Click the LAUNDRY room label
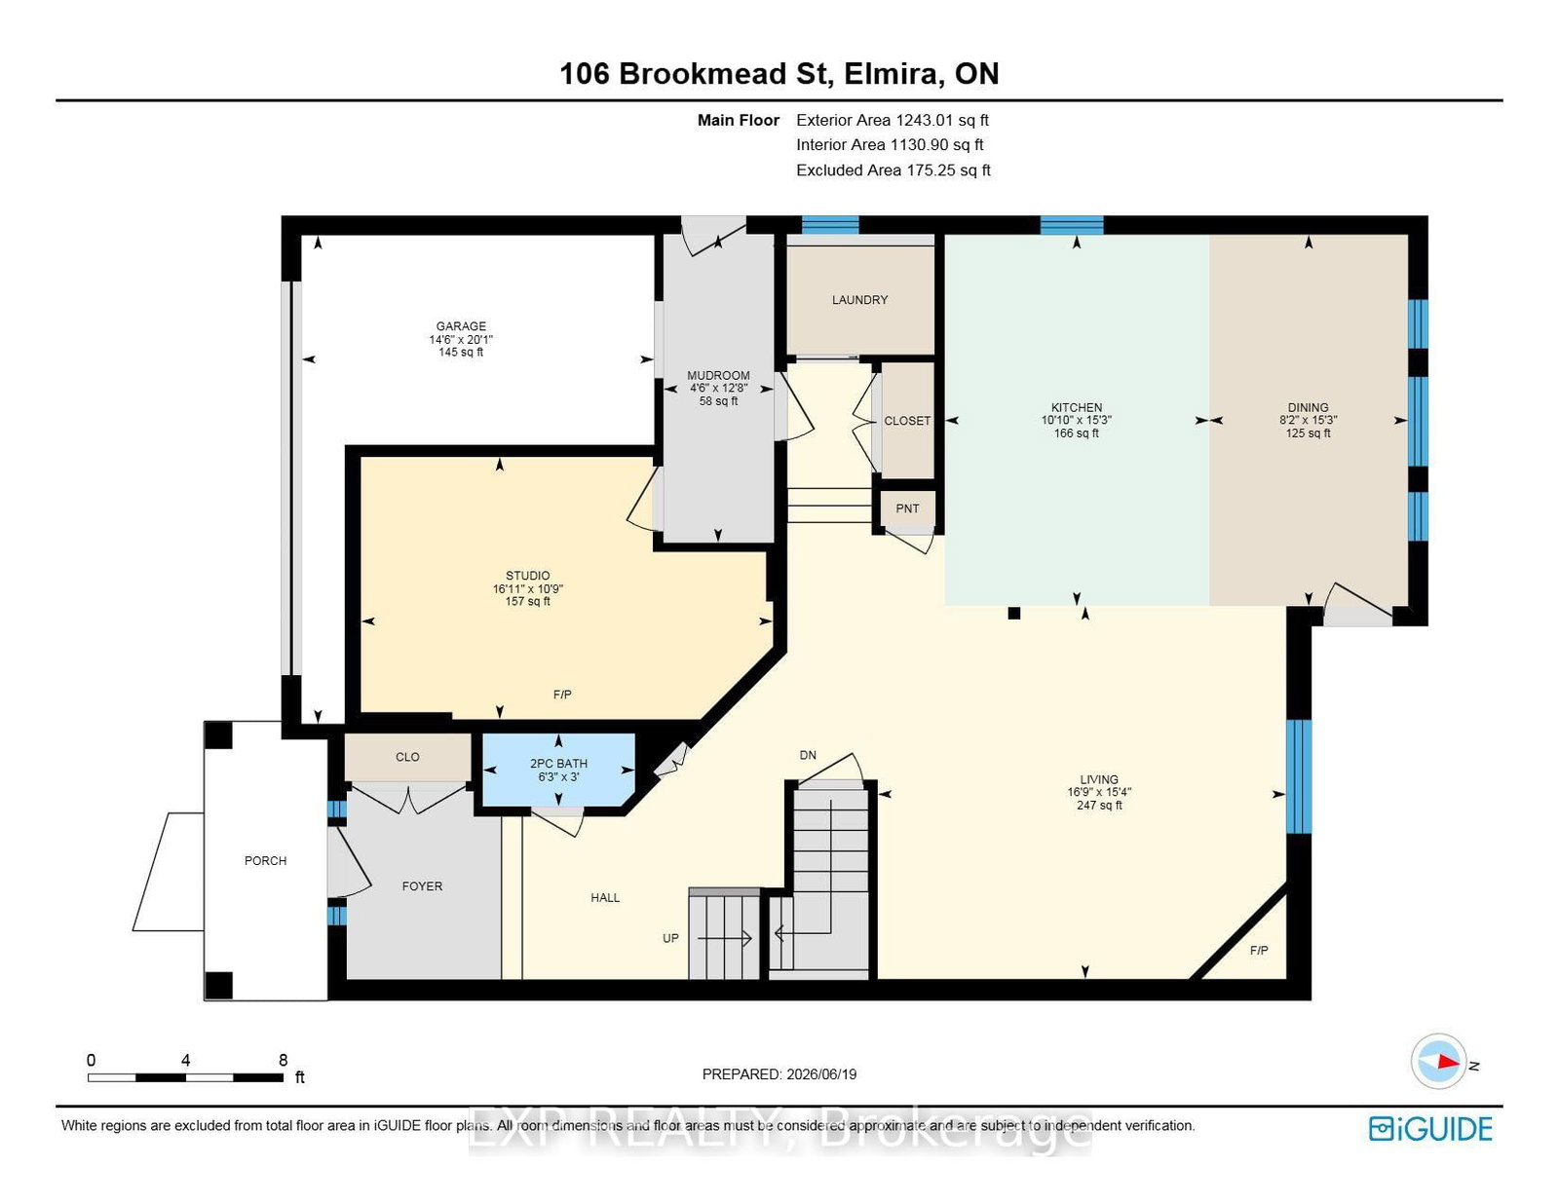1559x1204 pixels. (x=859, y=300)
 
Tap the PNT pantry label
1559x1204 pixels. (x=907, y=508)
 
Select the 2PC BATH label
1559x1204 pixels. (x=558, y=764)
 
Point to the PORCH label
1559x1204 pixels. (x=265, y=860)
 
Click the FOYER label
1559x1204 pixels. (x=422, y=886)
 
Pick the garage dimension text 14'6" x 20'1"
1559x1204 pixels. (x=461, y=339)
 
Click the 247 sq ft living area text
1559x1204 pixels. (x=1099, y=806)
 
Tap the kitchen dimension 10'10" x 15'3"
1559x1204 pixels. (x=1076, y=420)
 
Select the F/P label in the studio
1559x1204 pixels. (x=562, y=695)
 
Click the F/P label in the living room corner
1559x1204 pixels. (x=1258, y=950)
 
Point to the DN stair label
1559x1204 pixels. (x=808, y=755)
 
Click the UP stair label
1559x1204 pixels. (x=670, y=939)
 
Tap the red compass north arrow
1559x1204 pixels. (x=1449, y=1062)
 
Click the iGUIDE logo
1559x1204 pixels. (x=1430, y=1129)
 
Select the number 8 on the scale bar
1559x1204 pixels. (x=284, y=1060)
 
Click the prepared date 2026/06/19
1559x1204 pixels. (x=821, y=1074)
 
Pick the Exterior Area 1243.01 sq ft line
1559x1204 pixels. (x=893, y=121)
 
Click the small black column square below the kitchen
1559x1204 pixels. (x=1013, y=613)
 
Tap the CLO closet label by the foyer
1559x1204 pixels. (x=407, y=757)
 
